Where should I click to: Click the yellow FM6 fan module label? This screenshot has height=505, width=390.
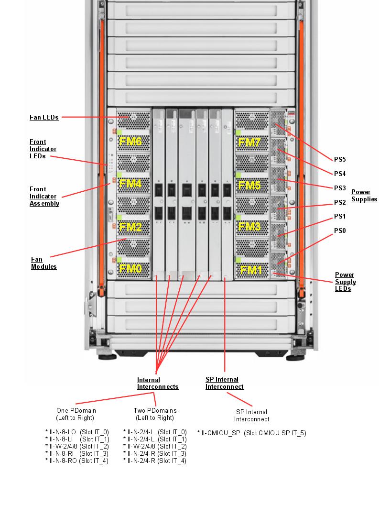(x=130, y=142)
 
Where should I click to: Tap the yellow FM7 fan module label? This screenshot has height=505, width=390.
(x=249, y=143)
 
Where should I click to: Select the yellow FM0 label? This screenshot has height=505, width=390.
(x=130, y=269)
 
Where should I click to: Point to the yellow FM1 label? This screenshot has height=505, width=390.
(x=251, y=270)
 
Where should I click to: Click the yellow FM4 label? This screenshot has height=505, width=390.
(x=130, y=184)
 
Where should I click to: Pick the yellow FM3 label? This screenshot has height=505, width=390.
(x=249, y=226)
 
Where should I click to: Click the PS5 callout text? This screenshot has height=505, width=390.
(x=339, y=160)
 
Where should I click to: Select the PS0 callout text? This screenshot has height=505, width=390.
(x=339, y=231)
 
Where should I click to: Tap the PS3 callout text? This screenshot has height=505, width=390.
(x=339, y=188)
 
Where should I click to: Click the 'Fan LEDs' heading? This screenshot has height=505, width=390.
(x=44, y=117)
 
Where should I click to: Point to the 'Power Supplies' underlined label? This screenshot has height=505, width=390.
(x=364, y=196)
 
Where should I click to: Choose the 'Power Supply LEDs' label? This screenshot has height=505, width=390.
(x=345, y=282)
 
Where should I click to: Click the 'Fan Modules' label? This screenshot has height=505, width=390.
(x=44, y=263)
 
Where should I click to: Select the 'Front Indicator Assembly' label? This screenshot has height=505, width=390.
(x=44, y=197)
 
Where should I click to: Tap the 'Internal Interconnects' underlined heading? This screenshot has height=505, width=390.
(x=157, y=384)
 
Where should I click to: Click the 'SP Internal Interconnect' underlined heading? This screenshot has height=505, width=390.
(x=224, y=383)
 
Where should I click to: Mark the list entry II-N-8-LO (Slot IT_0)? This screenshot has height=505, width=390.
(x=77, y=432)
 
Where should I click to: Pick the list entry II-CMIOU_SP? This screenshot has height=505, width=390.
(x=251, y=433)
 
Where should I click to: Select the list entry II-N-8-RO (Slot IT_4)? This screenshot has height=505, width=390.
(x=77, y=461)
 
